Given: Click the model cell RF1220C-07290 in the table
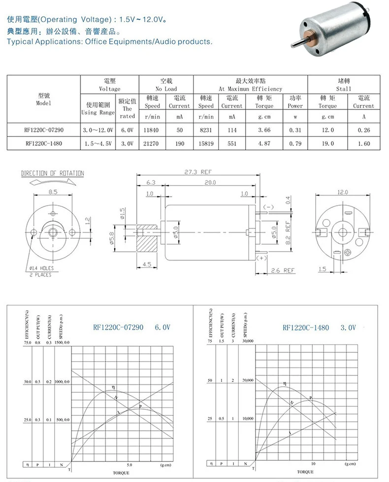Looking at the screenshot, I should [x=44, y=129].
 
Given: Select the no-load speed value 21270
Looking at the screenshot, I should [x=152, y=144].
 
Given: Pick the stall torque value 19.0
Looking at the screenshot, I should [x=327, y=144].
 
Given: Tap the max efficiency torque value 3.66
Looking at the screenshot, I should [x=264, y=129].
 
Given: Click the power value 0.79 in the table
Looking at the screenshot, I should [x=295, y=144].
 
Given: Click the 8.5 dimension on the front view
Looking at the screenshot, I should [x=52, y=191].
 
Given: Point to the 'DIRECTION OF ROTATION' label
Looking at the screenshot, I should [x=52, y=173].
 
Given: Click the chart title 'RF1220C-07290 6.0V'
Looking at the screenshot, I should [x=131, y=327].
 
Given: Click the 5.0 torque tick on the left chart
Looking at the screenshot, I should [x=130, y=464].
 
